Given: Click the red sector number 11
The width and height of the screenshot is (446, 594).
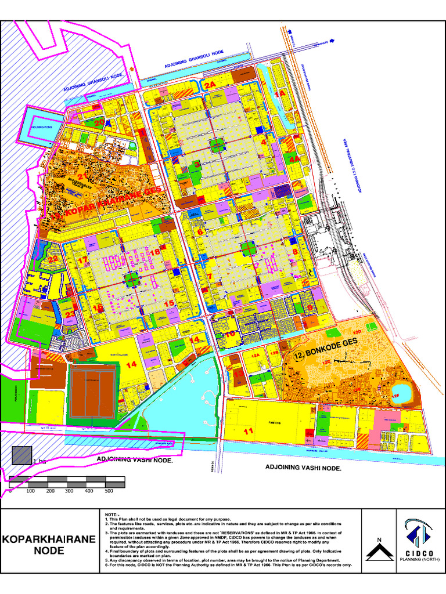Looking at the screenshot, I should pyautogui.click(x=249, y=431).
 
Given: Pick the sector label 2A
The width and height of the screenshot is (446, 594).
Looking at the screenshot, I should pyautogui.click(x=210, y=85).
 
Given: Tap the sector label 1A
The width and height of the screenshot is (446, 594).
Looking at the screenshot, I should pyautogui.click(x=280, y=93).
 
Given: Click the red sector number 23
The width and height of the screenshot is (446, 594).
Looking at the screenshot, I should pyautogui.click(x=70, y=315).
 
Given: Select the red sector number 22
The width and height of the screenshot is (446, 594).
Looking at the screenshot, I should pyautogui.click(x=53, y=259).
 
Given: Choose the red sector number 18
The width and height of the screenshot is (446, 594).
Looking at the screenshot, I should pyautogui.click(x=155, y=252).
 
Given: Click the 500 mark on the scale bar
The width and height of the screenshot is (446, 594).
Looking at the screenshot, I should pyautogui.click(x=109, y=491).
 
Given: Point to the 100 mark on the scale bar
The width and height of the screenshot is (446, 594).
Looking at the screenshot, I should pyautogui.click(x=31, y=491).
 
